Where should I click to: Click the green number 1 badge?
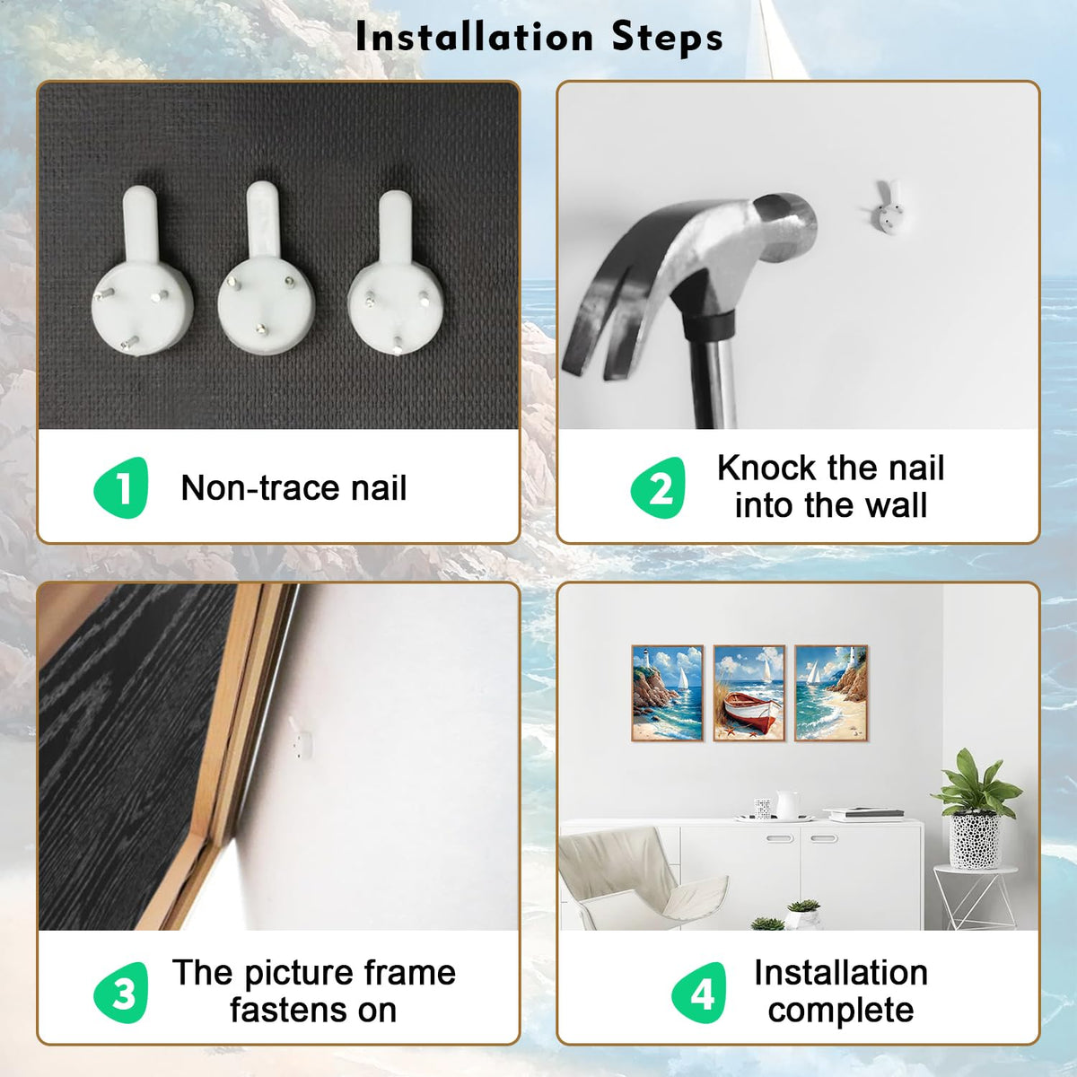pos(121,487)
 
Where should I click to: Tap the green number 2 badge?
pos(659,487)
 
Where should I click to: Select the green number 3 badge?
pos(121,993)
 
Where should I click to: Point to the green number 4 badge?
pos(699,993)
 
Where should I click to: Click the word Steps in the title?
pos(668,38)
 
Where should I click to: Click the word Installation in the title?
pos(474,38)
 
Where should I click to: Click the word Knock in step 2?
pos(767,468)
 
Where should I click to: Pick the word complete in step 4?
pos(841,1011)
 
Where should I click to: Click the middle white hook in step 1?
pos(266,268)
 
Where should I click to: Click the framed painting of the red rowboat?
pos(749,693)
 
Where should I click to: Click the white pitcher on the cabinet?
pos(786,805)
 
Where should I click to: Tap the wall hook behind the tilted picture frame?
pos(300,739)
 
